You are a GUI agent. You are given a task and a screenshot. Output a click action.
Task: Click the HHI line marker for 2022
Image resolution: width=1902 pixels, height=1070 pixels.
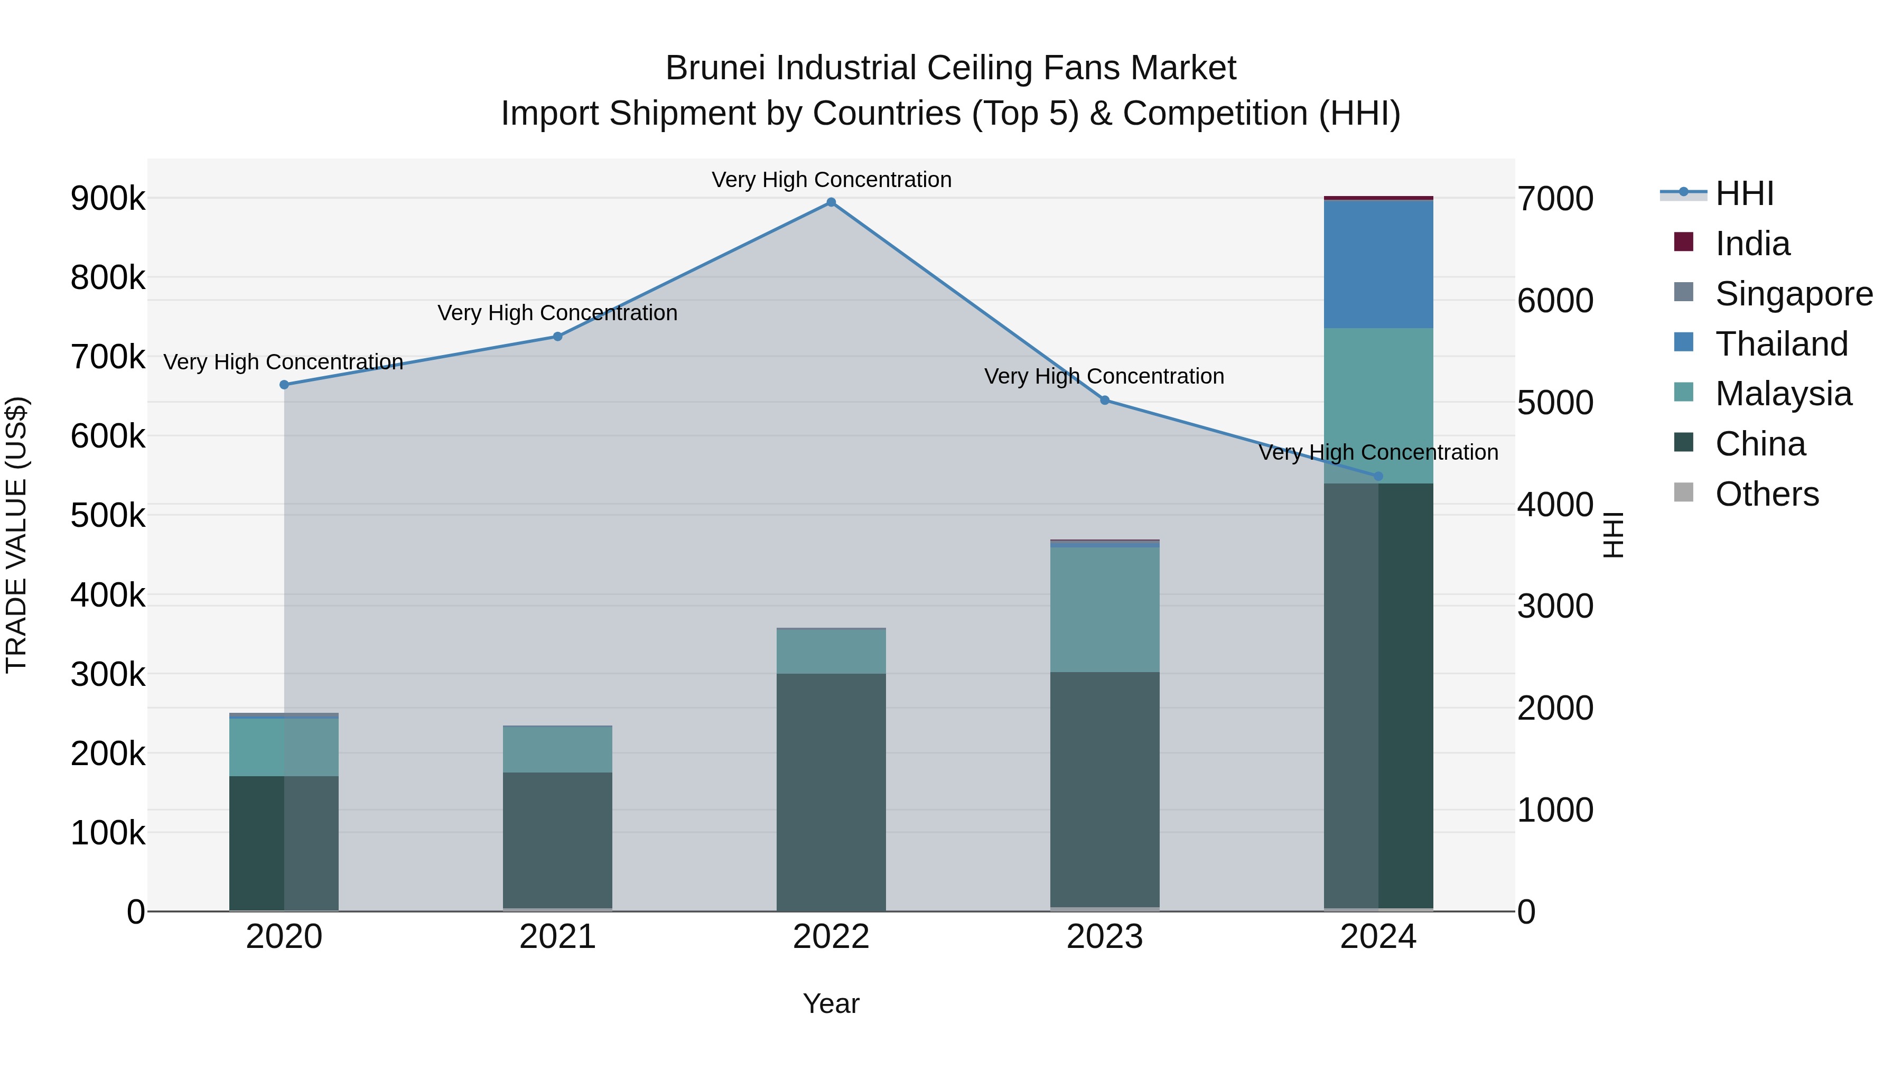coord(831,202)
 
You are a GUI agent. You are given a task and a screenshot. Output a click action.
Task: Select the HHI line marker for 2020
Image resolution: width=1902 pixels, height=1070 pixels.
coord(284,385)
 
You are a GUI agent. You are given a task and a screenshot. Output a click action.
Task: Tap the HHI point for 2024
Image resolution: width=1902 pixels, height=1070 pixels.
coord(1378,476)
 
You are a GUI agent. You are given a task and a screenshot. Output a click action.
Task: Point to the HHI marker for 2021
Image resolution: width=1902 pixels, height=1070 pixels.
coord(557,337)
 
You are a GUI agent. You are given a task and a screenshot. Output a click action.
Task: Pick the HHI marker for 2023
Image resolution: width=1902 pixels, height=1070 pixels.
coord(1105,400)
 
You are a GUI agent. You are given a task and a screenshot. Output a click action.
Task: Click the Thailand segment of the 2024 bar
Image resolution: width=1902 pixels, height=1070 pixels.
coord(1378,264)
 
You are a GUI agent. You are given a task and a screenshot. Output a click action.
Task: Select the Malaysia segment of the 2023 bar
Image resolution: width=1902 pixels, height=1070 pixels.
coord(1105,609)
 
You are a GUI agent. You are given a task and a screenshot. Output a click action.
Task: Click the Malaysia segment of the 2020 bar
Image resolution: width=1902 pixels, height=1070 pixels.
coord(284,747)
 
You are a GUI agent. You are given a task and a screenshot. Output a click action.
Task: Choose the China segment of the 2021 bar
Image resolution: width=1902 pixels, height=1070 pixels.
coord(557,840)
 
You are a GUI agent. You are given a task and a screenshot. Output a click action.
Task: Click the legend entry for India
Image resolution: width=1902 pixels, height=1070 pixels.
coord(1751,244)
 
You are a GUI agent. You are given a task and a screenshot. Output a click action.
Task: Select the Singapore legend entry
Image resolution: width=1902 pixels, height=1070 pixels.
coord(1794,294)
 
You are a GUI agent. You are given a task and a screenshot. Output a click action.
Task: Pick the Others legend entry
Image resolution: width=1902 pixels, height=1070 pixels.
coord(1766,494)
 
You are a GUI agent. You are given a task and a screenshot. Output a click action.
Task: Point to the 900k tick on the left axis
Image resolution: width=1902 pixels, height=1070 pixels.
coord(108,199)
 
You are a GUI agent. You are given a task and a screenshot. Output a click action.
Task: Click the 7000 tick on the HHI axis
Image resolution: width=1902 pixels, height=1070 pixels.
coord(1555,199)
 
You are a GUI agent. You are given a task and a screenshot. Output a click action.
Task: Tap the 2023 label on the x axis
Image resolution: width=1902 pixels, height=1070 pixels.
coord(1105,937)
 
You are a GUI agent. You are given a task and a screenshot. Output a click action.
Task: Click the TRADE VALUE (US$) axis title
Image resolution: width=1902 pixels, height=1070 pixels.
coord(16,535)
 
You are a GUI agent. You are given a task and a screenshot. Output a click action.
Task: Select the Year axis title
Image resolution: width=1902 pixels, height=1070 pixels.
coord(831,1003)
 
